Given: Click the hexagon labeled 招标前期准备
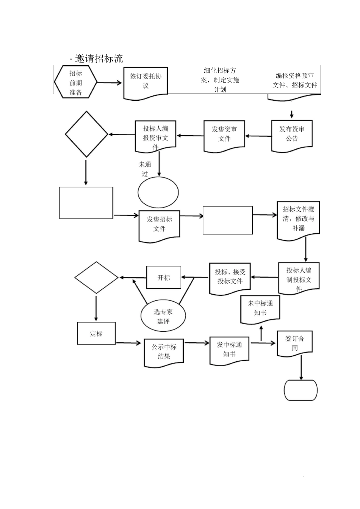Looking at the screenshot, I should pos(76,83).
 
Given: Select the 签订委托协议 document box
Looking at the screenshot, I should pos(146,82).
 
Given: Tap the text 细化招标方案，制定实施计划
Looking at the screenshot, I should pos(220,80).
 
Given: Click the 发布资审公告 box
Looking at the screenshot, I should pos(292,134).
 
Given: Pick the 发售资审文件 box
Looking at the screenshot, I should pos(224,135).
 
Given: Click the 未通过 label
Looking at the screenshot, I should pos(145,169).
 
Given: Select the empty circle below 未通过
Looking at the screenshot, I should pos(158,192).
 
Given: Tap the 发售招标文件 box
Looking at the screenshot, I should pos(160,225).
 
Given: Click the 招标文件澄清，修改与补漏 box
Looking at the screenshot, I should pos(298,219).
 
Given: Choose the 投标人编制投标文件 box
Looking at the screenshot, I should pos(299,279).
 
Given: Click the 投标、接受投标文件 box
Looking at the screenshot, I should pos(230,278).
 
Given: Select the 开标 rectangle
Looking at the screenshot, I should pos(164,278).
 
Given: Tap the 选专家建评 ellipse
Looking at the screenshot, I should pos(163,316).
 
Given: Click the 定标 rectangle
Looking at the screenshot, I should pos(96,333).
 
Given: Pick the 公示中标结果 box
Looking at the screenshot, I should pos(164,352).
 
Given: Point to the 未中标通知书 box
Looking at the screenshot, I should pos(260,309).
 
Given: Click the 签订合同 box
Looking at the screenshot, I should pos(294,343).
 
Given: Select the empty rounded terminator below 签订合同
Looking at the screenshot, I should pos(301,390).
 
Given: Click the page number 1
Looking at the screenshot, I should pos(304,478).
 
